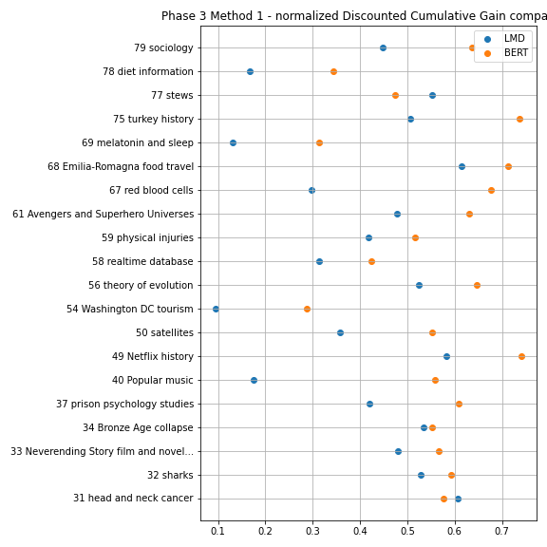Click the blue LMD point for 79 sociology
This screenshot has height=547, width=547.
(383, 47)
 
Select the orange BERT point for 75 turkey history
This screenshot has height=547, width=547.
(519, 119)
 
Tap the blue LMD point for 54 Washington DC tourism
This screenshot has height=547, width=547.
(216, 309)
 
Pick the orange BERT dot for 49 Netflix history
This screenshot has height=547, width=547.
(521, 356)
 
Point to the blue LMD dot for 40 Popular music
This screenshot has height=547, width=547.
(254, 380)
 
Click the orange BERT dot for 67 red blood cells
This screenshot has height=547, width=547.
(491, 190)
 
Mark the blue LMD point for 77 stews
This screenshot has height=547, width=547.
(432, 95)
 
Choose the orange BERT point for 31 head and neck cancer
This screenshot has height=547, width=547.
(443, 499)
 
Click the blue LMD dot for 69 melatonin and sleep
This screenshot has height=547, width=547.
(233, 142)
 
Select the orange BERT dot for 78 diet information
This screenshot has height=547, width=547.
(333, 71)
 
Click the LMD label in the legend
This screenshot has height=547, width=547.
(514, 38)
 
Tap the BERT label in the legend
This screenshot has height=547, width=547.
(516, 52)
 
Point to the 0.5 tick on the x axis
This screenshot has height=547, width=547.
(407, 522)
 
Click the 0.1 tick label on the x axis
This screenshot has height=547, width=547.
(218, 531)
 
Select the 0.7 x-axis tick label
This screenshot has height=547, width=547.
(502, 531)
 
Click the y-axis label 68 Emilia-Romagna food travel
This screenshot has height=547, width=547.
(121, 166)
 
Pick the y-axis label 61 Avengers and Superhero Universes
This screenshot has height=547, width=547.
(103, 214)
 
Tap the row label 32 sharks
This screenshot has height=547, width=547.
(170, 475)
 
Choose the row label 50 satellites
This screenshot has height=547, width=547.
(164, 332)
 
